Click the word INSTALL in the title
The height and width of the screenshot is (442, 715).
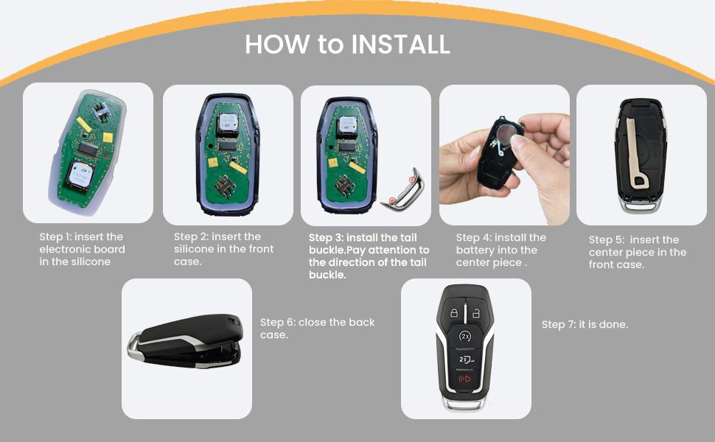[x=400, y=45]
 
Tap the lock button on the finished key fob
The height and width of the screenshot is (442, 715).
[x=454, y=313]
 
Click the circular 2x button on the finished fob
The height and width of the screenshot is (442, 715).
[x=465, y=336]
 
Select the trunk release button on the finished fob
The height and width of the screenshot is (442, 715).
[x=465, y=359]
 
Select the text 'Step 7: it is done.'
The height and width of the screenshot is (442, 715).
[x=585, y=325]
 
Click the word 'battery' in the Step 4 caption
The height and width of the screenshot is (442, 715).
[x=475, y=250]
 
